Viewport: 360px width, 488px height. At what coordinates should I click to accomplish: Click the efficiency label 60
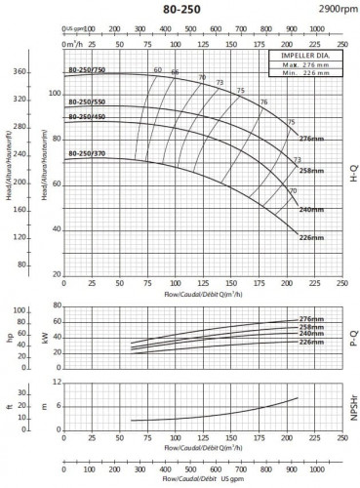coord(157,70)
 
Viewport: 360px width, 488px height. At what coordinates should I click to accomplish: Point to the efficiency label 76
coord(263,102)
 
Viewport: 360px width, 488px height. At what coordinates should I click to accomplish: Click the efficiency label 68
coord(176,73)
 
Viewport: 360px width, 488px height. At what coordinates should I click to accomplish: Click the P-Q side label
coord(351,338)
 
